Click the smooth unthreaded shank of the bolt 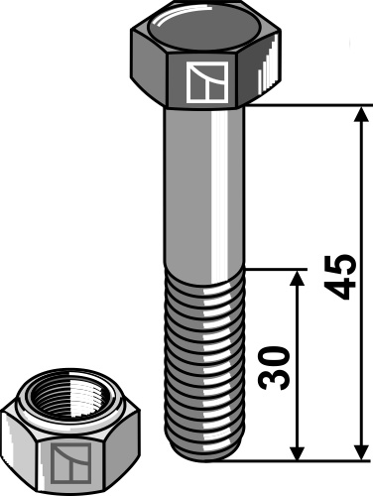pyautogui.click(x=204, y=188)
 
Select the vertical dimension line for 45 pyautogui.click(x=359, y=198)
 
